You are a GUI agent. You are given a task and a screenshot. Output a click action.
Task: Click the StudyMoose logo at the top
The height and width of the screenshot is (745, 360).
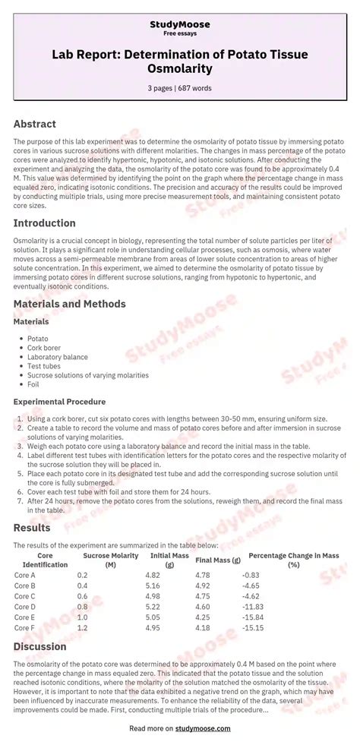tap(180, 25)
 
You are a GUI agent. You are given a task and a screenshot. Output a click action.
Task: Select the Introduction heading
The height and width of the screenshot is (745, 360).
tap(44, 223)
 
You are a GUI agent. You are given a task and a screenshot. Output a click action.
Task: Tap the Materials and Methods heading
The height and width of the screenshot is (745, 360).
tap(69, 304)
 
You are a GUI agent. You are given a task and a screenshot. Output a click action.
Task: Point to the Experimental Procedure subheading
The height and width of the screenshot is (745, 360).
tap(59, 402)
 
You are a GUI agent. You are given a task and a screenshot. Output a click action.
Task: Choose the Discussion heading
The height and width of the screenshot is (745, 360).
tap(39, 646)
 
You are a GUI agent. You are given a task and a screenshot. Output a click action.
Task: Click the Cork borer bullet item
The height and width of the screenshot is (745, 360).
tap(45, 348)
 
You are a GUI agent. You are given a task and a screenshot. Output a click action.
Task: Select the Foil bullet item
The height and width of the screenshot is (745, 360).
tap(34, 384)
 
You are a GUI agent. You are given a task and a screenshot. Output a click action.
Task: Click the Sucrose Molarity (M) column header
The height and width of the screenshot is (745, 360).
tap(111, 560)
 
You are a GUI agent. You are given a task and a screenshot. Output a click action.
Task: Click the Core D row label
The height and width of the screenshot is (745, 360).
tap(25, 607)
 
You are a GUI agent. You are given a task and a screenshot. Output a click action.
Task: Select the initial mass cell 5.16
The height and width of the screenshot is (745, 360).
tap(153, 586)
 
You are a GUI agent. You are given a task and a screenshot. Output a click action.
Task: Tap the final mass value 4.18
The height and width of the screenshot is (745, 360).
tap(202, 628)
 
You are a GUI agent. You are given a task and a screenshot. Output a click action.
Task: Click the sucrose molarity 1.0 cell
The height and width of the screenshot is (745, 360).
tap(82, 617)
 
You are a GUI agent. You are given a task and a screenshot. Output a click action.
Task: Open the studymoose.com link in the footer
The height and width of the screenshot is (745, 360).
tap(203, 728)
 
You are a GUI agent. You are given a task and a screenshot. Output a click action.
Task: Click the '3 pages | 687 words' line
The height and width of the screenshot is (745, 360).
tap(179, 88)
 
